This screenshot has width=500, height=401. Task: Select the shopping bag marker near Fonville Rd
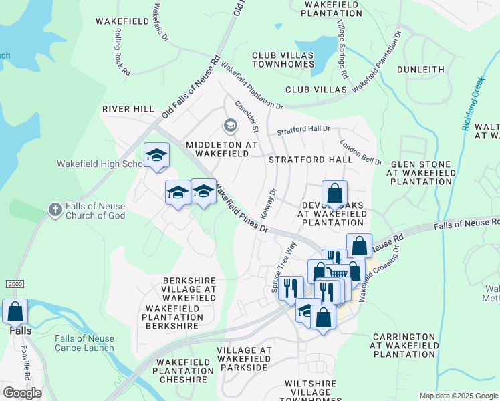tap(15, 312)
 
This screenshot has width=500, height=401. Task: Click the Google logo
tap(22, 393)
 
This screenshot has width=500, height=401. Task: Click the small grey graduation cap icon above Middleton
tap(230, 125)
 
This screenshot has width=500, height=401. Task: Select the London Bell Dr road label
tap(360, 152)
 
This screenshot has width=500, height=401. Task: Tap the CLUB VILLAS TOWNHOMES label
tap(283, 59)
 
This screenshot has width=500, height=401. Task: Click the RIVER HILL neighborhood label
tap(128, 109)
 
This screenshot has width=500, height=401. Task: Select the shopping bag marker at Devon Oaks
tap(334, 194)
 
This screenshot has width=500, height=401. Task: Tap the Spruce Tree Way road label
tap(283, 267)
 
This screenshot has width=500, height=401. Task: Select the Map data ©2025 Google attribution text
tap(459, 396)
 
